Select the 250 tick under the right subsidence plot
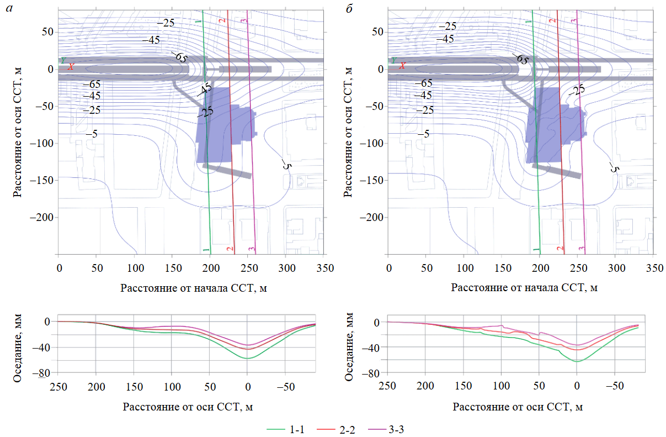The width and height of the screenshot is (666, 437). [388, 385]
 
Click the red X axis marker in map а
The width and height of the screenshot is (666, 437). [70, 67]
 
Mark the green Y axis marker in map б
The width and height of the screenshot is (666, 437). [393, 60]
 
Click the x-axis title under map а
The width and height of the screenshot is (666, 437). [189, 287]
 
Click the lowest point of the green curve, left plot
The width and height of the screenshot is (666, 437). [247, 359]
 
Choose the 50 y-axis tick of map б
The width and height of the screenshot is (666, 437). [376, 32]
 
